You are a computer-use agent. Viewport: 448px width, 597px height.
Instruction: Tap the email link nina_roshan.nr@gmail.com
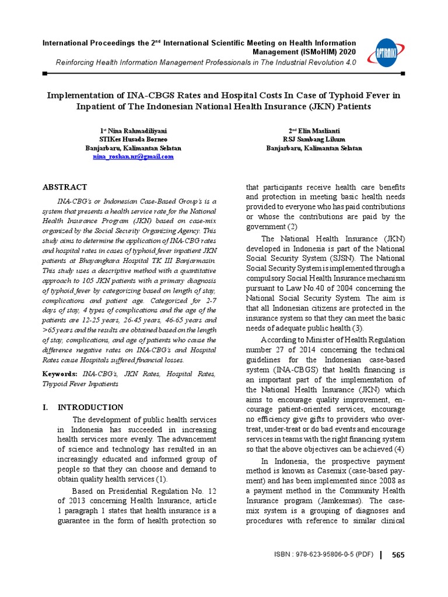tap(133, 157)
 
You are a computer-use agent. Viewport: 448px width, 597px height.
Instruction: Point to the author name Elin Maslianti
tap(316, 131)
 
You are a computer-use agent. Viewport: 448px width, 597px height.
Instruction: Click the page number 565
tap(398, 555)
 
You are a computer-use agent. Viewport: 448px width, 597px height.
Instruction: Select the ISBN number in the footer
tap(324, 555)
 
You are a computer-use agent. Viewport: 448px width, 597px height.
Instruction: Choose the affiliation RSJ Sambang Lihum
tap(314, 139)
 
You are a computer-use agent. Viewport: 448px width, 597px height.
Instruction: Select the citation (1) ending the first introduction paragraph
tap(160, 479)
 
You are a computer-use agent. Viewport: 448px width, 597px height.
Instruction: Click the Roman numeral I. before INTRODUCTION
tap(46, 408)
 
